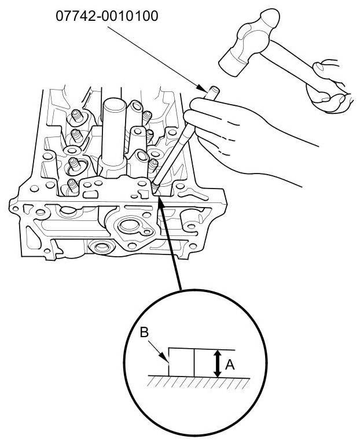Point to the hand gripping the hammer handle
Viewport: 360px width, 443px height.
pyautogui.click(x=327, y=84)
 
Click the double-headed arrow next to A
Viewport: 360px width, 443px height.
pyautogui.click(x=217, y=364)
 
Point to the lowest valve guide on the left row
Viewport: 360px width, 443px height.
pyautogui.click(x=71, y=186)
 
